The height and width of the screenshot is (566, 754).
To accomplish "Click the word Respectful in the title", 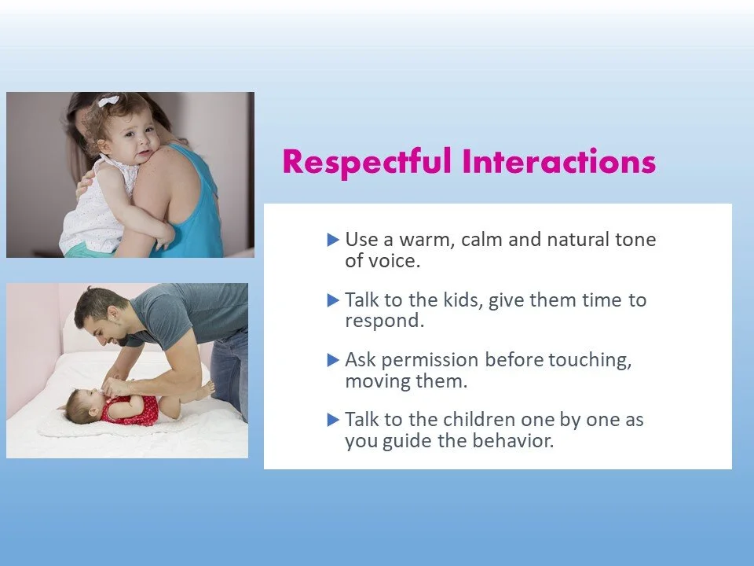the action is click(x=367, y=162).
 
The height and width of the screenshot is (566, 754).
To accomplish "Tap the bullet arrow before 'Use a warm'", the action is click(x=333, y=240).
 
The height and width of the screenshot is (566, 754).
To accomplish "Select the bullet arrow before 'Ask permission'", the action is click(x=333, y=360).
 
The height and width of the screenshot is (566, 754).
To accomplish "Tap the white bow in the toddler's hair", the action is click(x=108, y=101).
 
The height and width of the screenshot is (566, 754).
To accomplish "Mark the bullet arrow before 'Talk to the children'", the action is click(x=333, y=420).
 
